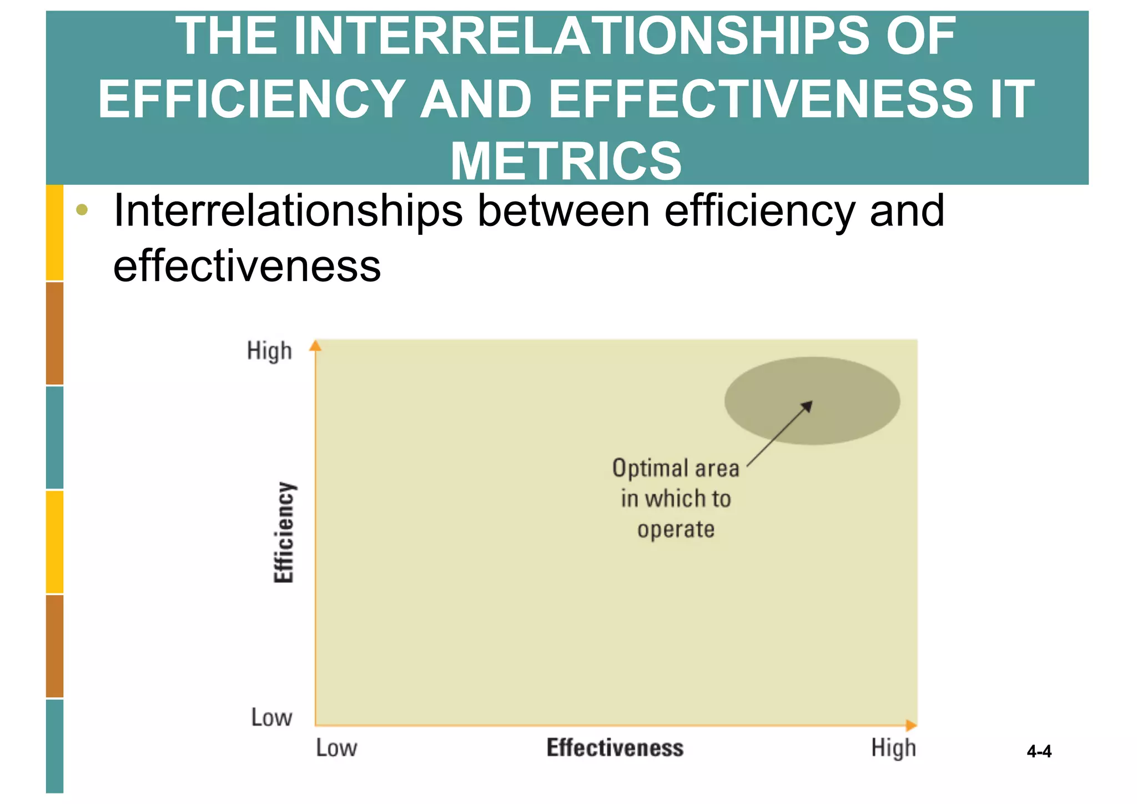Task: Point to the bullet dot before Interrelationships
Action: tap(82, 210)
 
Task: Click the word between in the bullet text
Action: tap(564, 211)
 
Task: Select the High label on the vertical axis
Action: tap(269, 351)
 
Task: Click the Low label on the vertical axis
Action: tap(271, 717)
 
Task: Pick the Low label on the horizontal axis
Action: tap(336, 748)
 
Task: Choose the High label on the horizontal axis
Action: tap(893, 748)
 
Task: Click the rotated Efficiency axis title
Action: tap(284, 532)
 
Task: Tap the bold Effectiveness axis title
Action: tap(615, 748)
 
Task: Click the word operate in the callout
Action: tap(676, 530)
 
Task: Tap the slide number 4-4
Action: tap(1039, 752)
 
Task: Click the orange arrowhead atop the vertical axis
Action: tap(315, 345)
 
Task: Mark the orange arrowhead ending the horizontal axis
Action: tap(911, 725)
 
